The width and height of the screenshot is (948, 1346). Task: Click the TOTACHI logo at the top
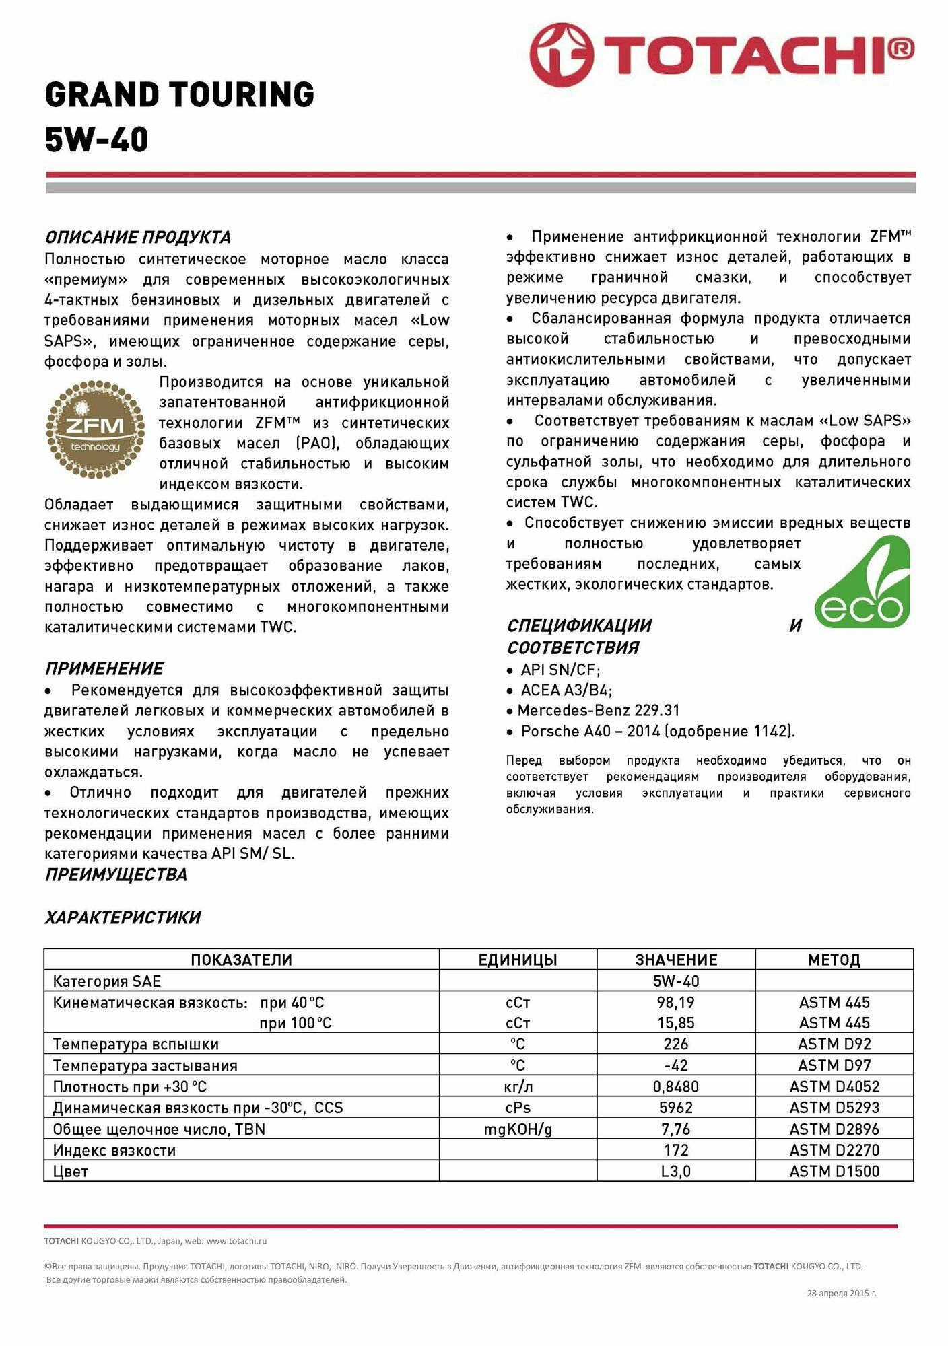click(720, 55)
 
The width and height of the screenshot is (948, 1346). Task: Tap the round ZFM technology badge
click(95, 429)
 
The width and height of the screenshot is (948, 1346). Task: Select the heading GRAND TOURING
click(180, 94)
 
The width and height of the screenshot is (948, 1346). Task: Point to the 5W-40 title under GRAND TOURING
click(97, 139)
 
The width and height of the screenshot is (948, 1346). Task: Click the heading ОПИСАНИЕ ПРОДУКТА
click(137, 237)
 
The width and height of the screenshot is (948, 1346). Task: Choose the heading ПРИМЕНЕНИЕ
click(104, 668)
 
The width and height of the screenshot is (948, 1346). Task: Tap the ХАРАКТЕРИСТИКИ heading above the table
click(123, 917)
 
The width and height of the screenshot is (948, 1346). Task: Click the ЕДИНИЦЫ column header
click(517, 960)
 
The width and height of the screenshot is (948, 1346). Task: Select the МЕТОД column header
click(834, 960)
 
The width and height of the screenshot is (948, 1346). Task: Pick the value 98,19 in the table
click(675, 1002)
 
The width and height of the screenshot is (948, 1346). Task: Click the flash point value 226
click(675, 1044)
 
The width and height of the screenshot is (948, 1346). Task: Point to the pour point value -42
click(675, 1065)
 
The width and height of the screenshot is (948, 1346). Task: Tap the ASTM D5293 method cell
click(834, 1107)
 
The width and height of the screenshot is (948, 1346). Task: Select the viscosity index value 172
click(675, 1149)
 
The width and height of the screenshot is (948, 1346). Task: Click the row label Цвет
click(71, 1171)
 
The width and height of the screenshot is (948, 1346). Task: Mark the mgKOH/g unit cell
click(517, 1129)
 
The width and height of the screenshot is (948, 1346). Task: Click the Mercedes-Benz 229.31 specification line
click(599, 710)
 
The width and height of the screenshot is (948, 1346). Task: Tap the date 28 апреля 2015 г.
click(841, 1293)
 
